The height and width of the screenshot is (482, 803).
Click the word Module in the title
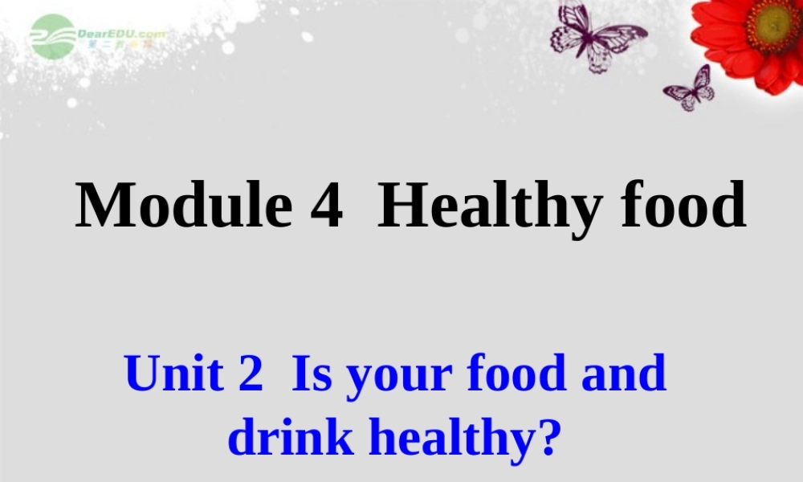click(183, 206)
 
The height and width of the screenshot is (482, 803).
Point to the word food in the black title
click(683, 206)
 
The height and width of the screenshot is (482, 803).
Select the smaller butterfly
click(691, 88)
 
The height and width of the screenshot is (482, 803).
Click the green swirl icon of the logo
click(52, 36)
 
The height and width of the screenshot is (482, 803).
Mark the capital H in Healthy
click(401, 206)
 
